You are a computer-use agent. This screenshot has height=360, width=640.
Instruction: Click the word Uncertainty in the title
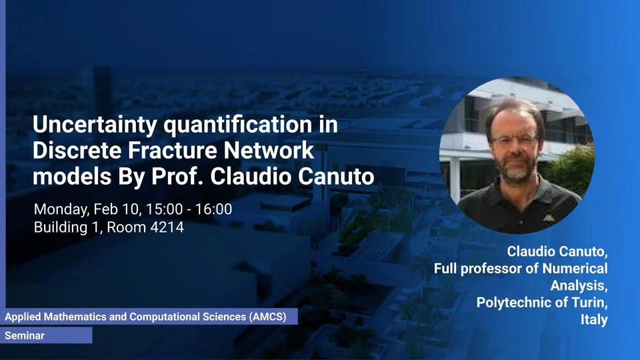[95, 125]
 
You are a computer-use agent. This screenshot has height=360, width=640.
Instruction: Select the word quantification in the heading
[238, 124]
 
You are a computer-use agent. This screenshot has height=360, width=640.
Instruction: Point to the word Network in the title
[269, 150]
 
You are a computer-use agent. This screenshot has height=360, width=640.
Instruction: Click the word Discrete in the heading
[77, 150]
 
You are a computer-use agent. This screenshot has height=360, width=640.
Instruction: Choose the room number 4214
[167, 227]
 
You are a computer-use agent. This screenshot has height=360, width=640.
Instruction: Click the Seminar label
[25, 335]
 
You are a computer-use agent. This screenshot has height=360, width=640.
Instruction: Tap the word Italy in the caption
[594, 319]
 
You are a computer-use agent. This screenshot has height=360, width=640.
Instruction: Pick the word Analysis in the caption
[579, 285]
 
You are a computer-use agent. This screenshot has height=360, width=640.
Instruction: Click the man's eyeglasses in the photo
[514, 139]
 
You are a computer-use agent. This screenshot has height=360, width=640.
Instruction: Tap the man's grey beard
[516, 169]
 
